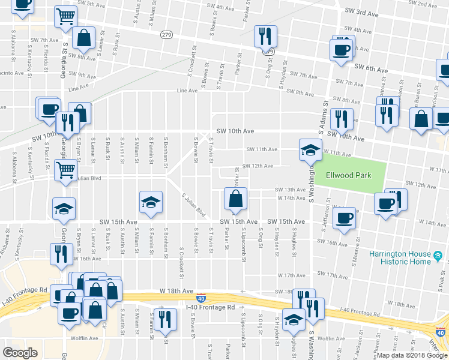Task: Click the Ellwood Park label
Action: click(x=348, y=175)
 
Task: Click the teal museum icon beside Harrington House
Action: click(x=439, y=257)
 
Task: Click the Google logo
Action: click(x=20, y=353)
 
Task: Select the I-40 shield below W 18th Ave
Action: click(x=201, y=298)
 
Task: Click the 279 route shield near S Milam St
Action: click(x=164, y=36)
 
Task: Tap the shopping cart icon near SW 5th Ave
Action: click(x=65, y=17)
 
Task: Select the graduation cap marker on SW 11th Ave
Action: click(x=310, y=149)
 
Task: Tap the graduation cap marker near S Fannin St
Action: click(x=151, y=202)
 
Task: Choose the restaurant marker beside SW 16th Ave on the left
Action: click(x=61, y=253)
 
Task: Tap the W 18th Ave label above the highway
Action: click(x=174, y=290)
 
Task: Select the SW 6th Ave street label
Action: click(x=369, y=67)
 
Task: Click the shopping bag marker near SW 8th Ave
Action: click(x=83, y=38)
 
